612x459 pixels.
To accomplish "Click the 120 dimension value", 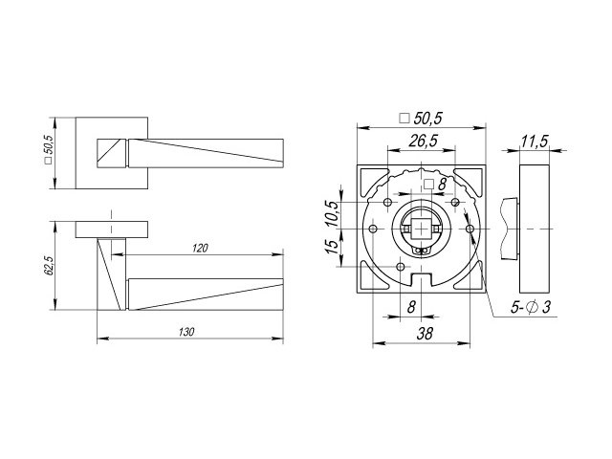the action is point(200,248).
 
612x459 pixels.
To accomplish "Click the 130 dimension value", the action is point(186,332).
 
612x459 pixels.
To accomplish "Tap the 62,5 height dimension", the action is point(50,266).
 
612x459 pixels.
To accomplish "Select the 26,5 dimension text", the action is point(423,141).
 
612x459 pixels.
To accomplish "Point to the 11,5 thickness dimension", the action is point(535,142).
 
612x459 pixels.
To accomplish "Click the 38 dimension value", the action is point(425,334).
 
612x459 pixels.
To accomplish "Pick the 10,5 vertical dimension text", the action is point(333,213).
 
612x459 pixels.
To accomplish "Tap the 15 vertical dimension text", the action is point(332,247).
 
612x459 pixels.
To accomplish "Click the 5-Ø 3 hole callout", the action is point(531,307).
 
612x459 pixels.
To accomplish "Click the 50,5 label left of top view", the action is point(49,149).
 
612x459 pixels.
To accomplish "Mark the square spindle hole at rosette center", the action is point(421,229).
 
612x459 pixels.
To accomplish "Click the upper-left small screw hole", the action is point(388,202).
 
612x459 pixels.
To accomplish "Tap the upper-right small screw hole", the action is point(455,202).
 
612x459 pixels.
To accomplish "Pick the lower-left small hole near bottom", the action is point(401,267).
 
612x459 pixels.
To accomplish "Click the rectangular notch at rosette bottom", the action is point(422,279).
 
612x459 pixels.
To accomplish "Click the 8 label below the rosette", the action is point(411,307).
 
